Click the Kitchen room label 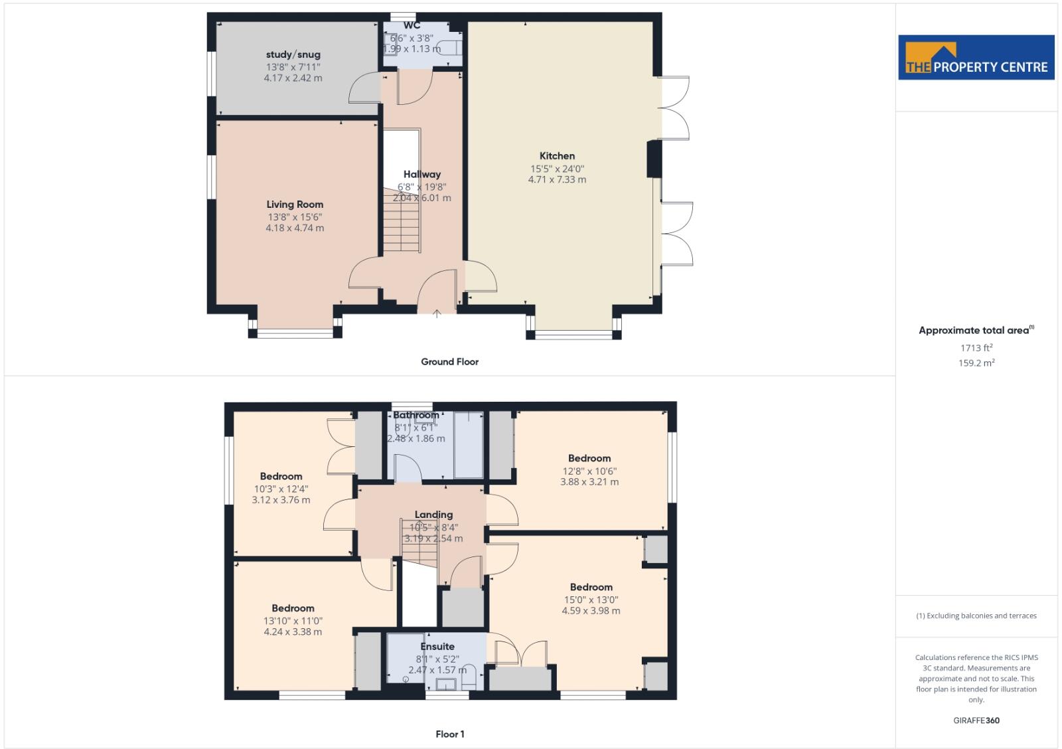(x=557, y=156)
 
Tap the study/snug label (x=293, y=54)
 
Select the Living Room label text (x=295, y=205)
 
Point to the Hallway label (x=421, y=175)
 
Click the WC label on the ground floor (x=412, y=26)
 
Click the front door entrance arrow (x=437, y=313)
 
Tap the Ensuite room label (x=437, y=646)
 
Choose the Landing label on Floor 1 (x=433, y=515)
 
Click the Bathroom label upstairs (x=416, y=416)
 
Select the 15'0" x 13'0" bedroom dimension (x=591, y=600)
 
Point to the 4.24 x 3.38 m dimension (x=293, y=631)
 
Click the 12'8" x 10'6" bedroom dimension (x=589, y=471)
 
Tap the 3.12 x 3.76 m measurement (x=281, y=500)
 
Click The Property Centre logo (x=976, y=58)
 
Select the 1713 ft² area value (x=976, y=348)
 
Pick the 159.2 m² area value (x=977, y=363)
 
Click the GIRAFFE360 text (x=976, y=720)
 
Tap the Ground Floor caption (x=449, y=362)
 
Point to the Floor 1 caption (x=450, y=734)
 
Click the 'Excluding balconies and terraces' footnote (x=976, y=616)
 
